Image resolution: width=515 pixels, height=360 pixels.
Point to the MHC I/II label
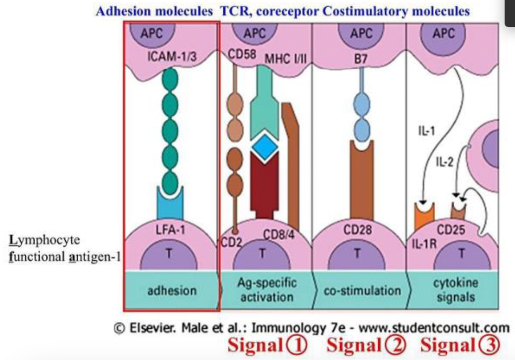(285, 59)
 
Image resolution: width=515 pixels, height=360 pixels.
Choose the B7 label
(359, 59)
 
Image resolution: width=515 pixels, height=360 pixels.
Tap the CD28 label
(361, 230)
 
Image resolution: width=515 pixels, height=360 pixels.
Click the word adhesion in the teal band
(171, 290)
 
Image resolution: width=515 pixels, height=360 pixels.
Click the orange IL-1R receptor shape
(425, 215)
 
